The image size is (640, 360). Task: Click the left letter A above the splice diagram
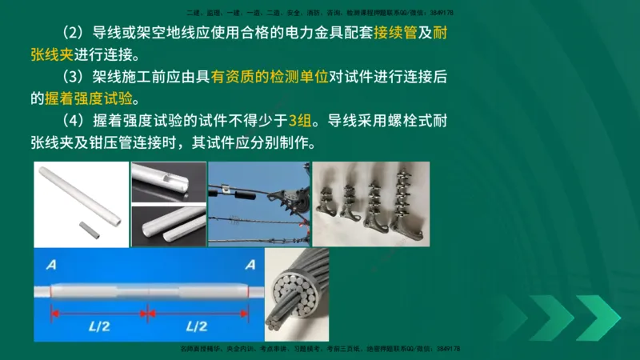coord(51,265)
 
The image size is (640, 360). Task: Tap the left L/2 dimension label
coord(101,327)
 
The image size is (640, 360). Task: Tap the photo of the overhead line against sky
coord(258,204)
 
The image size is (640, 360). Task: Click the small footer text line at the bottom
coord(320,350)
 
